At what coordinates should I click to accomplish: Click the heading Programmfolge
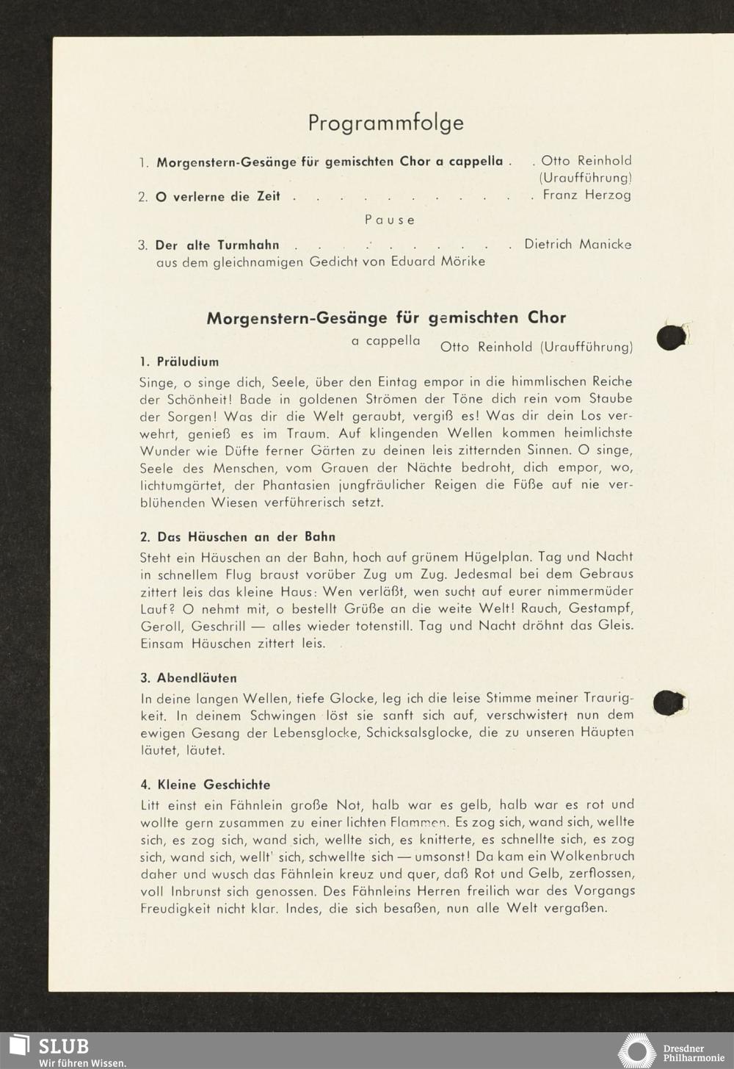385,123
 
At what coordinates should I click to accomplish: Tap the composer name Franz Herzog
586,195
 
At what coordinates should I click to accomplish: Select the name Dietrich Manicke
578,244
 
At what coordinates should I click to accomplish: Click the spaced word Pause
390,220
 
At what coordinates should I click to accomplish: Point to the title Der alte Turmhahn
217,245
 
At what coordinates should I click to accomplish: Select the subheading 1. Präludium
179,361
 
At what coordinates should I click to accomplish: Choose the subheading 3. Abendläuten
189,678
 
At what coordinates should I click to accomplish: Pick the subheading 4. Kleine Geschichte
205,785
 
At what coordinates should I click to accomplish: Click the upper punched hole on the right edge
671,337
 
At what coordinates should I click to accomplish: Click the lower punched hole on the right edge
669,702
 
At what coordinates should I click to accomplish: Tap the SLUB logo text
63,1046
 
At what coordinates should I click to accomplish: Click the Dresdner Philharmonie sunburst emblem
636,1051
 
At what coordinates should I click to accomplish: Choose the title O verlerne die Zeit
217,197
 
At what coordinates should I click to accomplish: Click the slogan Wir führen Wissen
82,1063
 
